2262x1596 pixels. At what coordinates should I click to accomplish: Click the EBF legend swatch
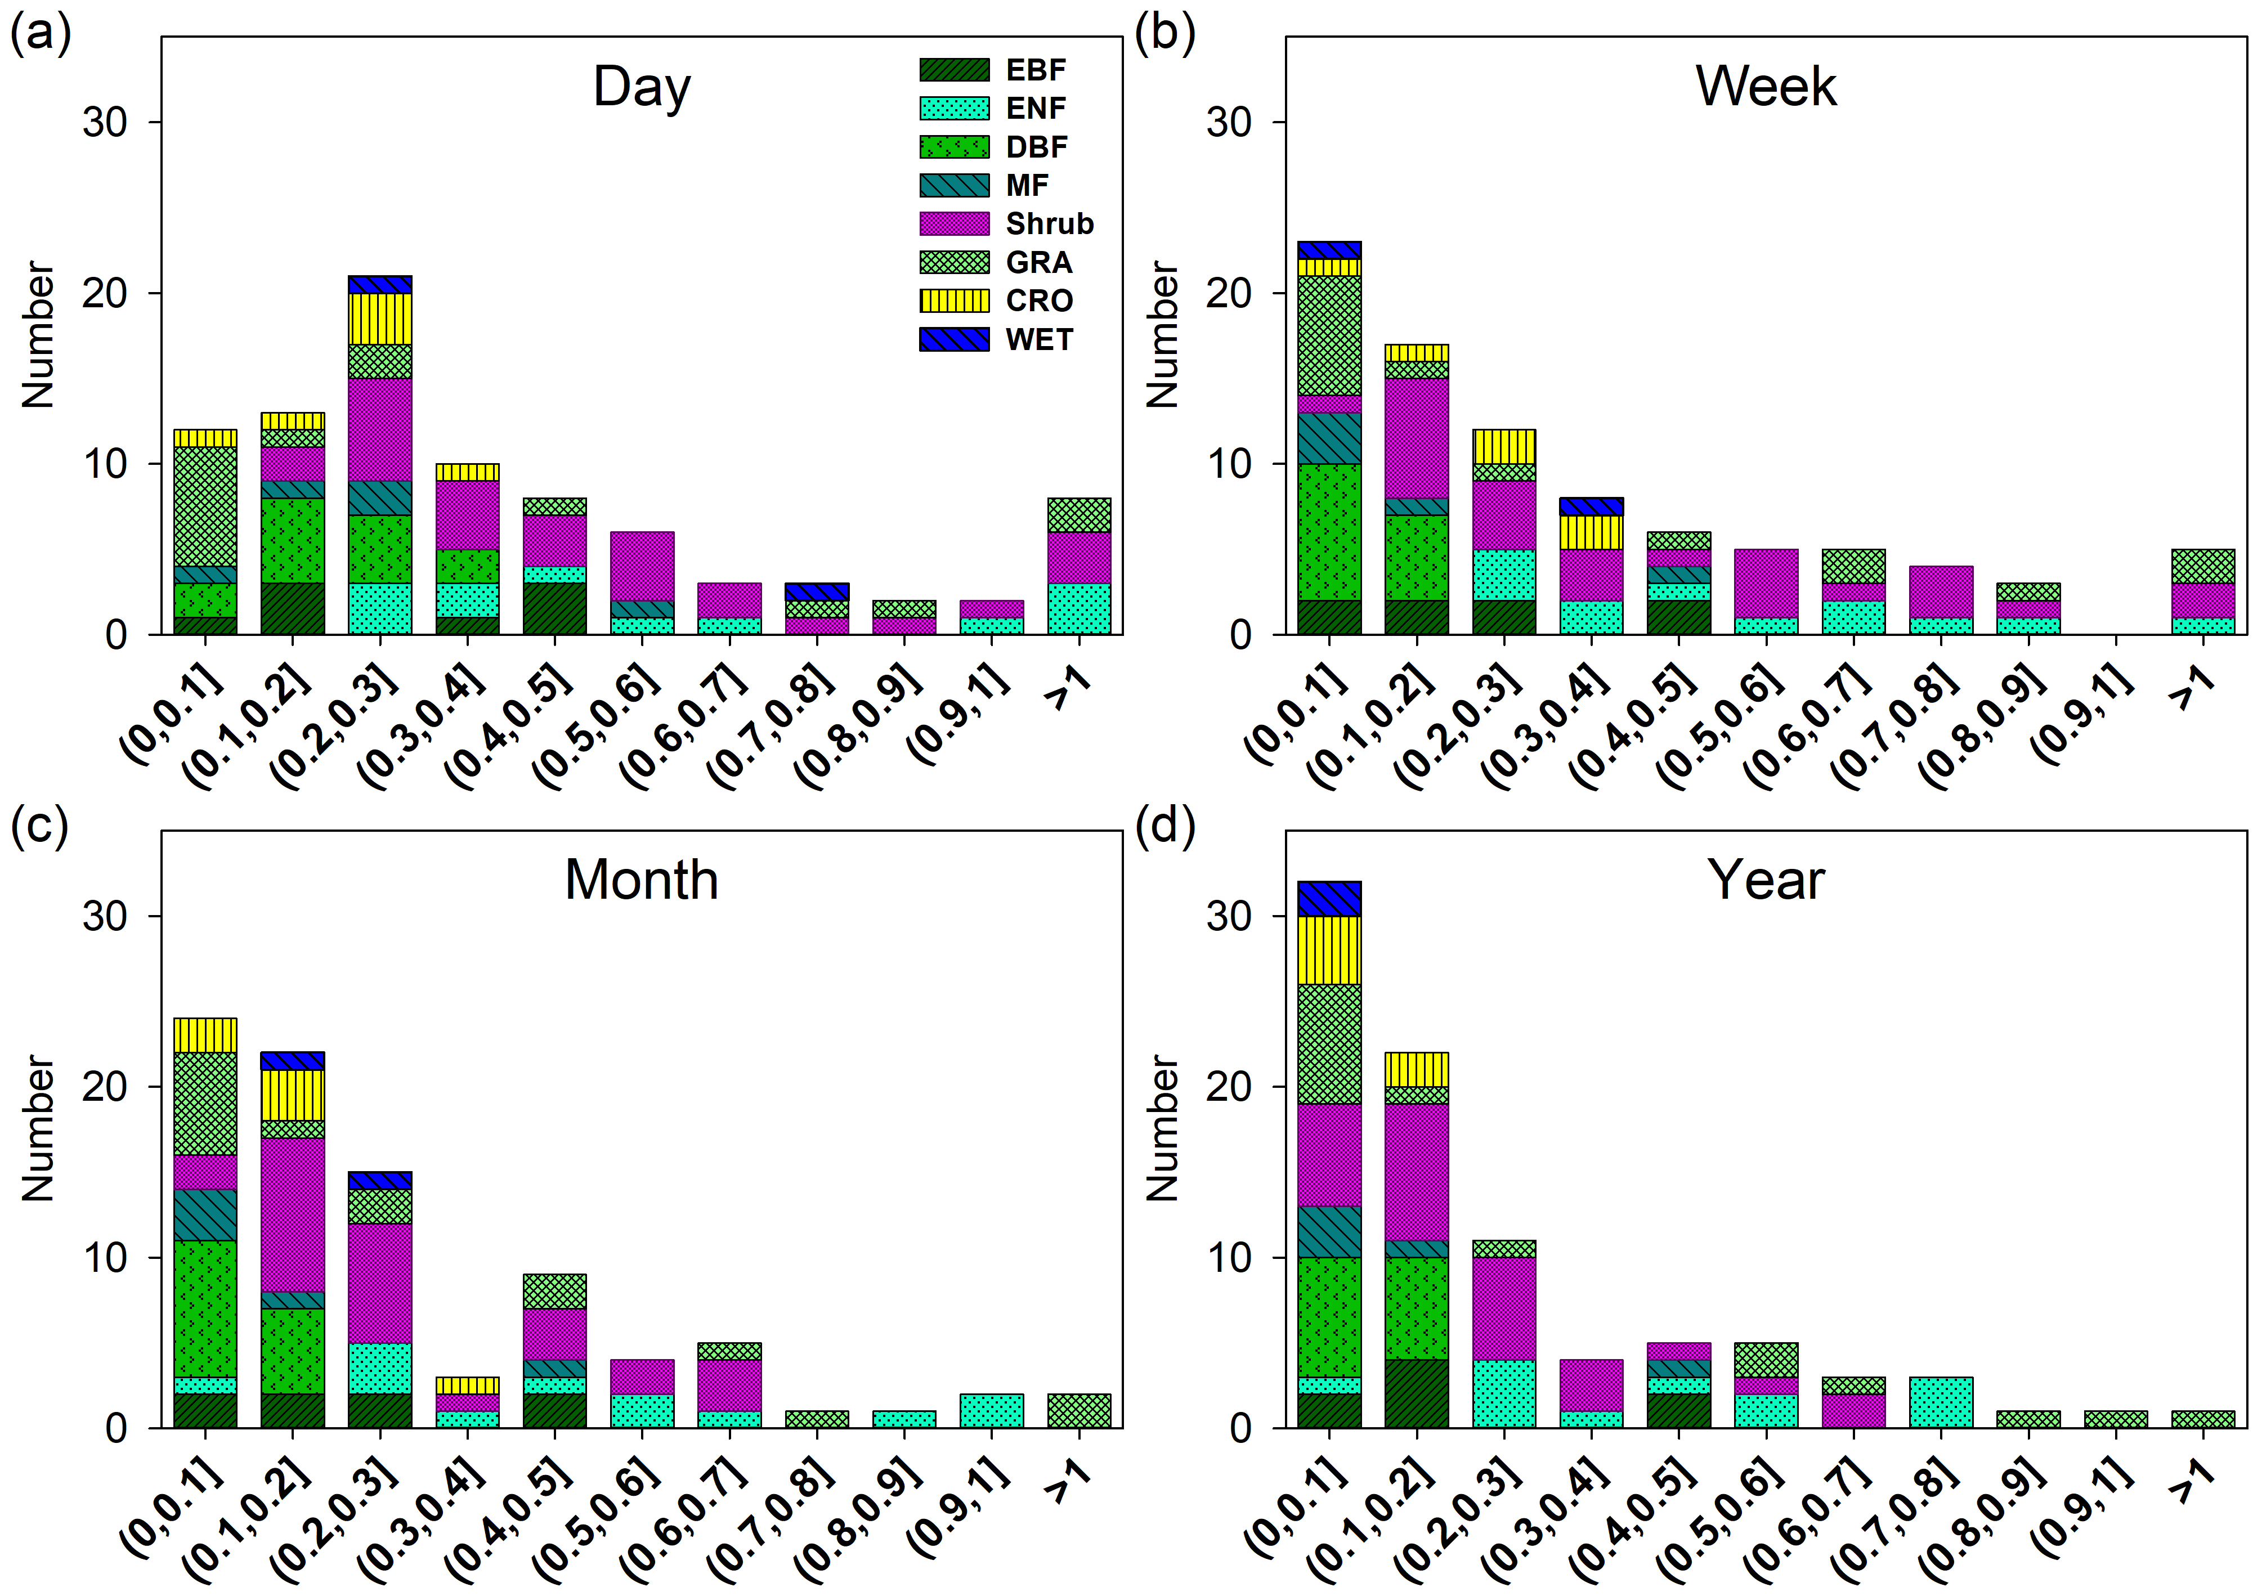tap(953, 70)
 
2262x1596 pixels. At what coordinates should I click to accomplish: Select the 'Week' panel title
tap(1766, 87)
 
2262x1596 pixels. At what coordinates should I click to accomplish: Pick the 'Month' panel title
tap(642, 880)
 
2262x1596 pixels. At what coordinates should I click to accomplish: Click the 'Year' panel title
tap(1766, 880)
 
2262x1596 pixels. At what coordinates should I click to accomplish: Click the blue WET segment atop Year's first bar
tap(1329, 899)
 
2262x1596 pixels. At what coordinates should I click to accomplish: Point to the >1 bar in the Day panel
tap(1079, 567)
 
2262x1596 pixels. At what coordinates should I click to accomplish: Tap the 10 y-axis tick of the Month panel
tap(105, 1258)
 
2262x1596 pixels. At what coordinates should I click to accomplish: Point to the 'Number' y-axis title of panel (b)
tap(1163, 335)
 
